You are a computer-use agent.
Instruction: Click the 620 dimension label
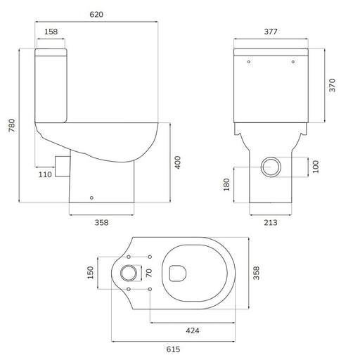(96, 15)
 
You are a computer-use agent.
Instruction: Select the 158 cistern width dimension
(51, 32)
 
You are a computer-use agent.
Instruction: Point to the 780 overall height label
(12, 125)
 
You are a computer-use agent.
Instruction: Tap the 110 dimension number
(45, 174)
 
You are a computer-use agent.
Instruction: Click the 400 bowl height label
(178, 162)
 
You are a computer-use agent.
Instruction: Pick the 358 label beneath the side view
(101, 222)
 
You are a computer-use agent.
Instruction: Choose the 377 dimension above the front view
(271, 32)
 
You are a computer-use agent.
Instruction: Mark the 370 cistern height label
(332, 85)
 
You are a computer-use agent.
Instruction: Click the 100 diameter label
(316, 167)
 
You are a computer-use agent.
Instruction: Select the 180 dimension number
(226, 185)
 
